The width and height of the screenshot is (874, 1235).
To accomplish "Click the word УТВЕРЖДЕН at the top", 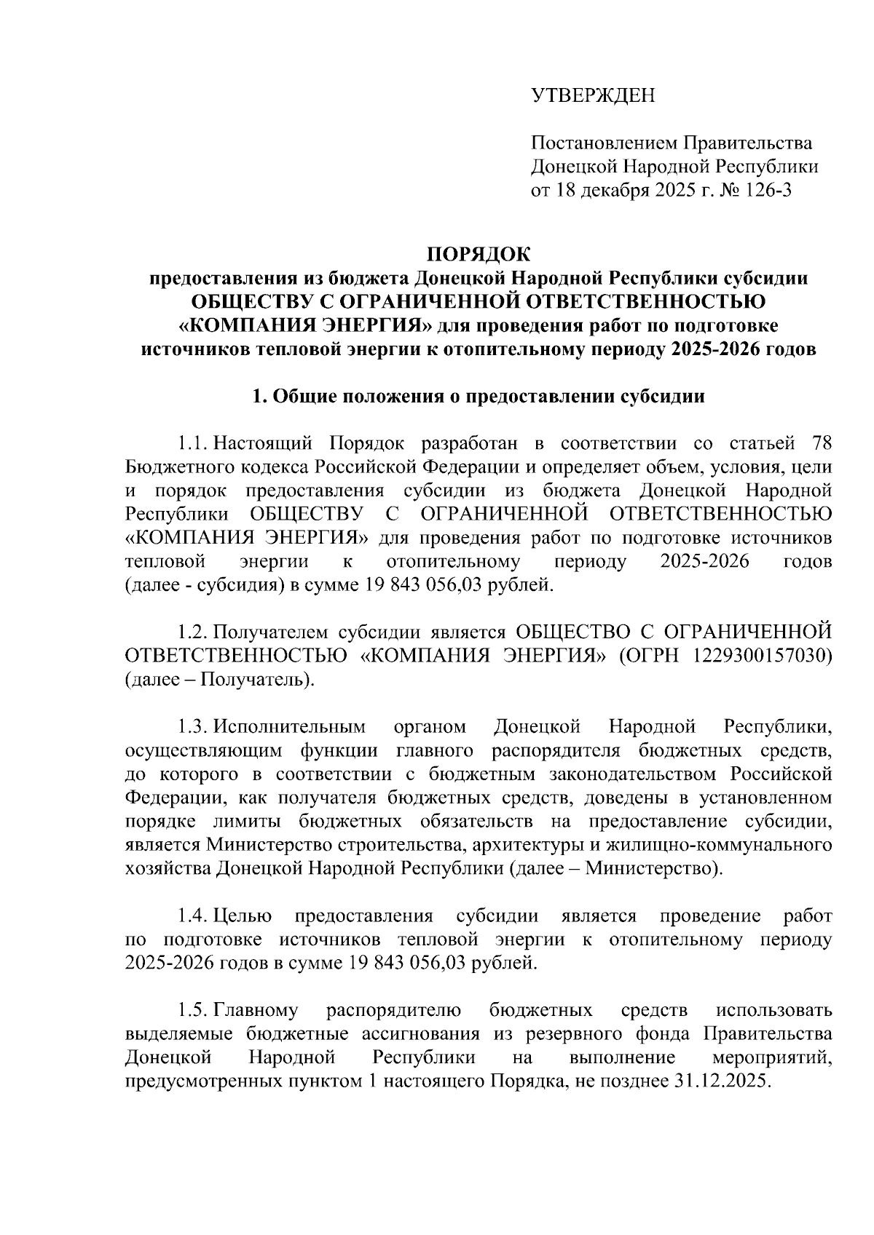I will (x=593, y=95).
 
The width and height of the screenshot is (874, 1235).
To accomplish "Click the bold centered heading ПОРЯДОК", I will (x=479, y=254).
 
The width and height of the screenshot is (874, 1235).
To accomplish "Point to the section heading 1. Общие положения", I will (x=478, y=397).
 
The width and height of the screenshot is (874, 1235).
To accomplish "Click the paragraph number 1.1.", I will (x=194, y=443).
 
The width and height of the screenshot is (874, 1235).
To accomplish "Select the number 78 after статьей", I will (x=818, y=443).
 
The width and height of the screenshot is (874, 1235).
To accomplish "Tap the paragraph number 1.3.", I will (x=194, y=726).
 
